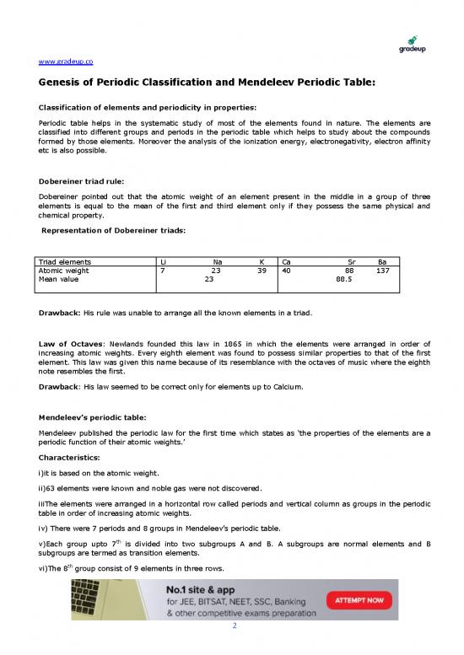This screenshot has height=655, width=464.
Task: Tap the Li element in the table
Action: pyautogui.click(x=164, y=262)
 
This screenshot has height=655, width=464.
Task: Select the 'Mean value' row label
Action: pyautogui.click(x=57, y=279)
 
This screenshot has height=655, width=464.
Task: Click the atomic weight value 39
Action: pyautogui.click(x=262, y=271)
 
